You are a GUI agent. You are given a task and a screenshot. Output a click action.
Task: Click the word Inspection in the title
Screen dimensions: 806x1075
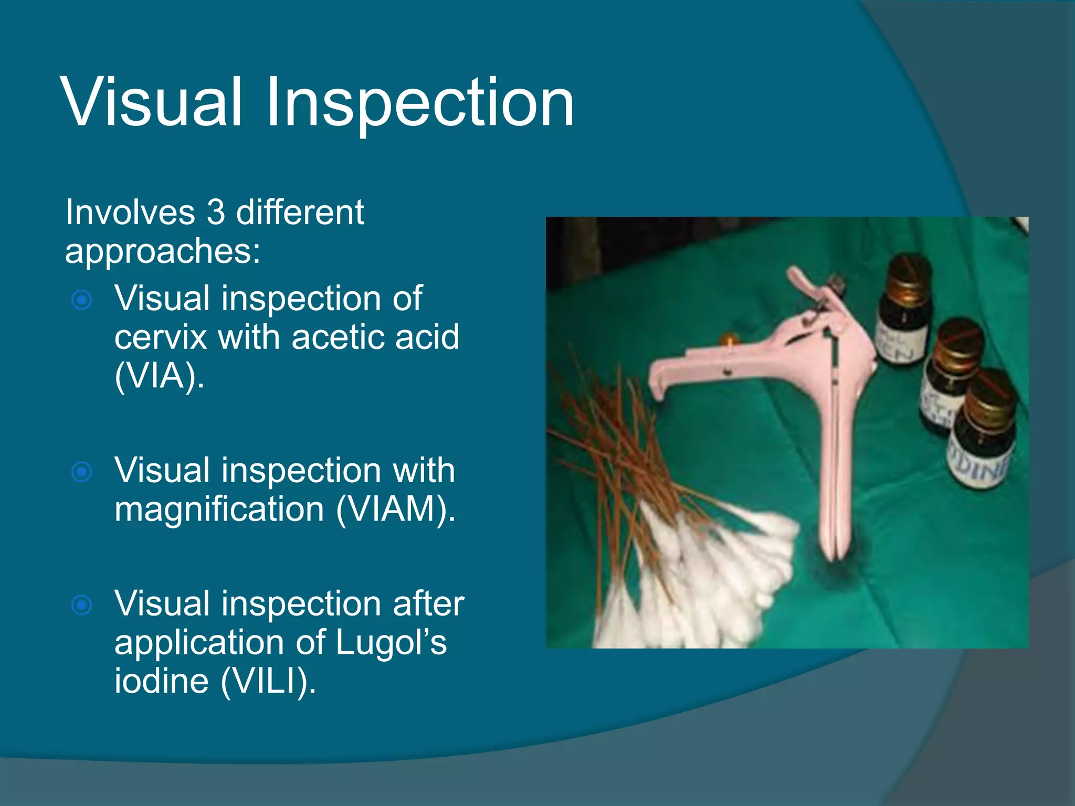[420, 102]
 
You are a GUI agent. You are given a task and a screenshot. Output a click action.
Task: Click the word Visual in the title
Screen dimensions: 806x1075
[152, 102]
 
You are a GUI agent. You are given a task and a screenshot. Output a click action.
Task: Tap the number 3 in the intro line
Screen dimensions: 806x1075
[216, 213]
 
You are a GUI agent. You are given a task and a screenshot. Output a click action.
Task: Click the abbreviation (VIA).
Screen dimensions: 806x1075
[159, 376]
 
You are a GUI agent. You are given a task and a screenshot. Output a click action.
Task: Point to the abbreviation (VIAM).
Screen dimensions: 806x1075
[395, 509]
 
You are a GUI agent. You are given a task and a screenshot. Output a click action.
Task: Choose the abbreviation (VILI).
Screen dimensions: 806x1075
[268, 681]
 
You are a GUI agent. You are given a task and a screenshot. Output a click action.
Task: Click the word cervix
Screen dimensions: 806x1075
[160, 337]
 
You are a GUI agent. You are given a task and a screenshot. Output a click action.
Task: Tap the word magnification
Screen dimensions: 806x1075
[219, 509]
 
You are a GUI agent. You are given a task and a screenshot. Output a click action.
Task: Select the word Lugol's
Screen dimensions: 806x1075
[391, 642]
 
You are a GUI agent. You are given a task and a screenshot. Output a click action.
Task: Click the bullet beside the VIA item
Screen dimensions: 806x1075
[82, 300]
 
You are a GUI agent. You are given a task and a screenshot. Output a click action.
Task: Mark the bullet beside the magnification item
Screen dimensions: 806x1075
[82, 472]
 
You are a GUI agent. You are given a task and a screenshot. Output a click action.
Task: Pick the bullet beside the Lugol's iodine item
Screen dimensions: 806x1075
[82, 606]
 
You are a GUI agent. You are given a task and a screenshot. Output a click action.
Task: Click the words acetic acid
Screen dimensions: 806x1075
[375, 337]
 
